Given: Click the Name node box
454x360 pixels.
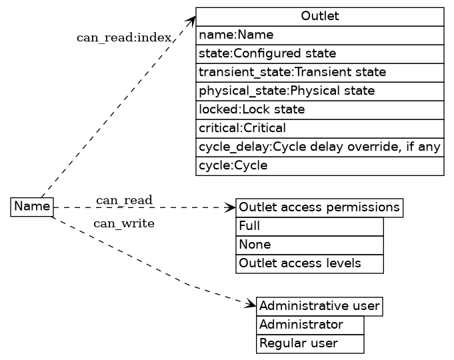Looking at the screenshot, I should coord(32,207).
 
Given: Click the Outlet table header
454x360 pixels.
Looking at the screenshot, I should coord(319,16).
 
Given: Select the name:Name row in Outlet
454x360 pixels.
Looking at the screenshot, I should coord(319,35).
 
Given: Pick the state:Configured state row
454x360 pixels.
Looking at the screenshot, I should coord(319,53).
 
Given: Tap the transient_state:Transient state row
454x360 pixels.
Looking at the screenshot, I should coord(319,72).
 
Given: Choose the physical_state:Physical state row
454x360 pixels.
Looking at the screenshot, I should coord(319,91).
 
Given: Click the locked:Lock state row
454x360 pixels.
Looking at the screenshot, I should coord(319,109).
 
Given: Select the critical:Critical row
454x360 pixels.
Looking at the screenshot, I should coord(319,128).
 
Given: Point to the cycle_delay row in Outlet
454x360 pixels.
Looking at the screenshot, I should coord(319,147).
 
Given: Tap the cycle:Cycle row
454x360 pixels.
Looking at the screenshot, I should coord(319,165).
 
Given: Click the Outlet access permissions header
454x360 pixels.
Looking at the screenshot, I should coord(319,207).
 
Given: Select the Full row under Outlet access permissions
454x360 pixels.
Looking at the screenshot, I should coord(309,226).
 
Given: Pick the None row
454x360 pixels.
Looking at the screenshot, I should coord(309,245).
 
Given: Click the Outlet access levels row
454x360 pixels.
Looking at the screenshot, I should coord(309,264).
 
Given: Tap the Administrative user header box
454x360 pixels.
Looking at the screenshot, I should coord(319,307).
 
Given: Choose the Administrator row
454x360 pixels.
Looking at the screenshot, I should coord(310,325).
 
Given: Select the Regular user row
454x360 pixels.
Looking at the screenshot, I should coord(310,344).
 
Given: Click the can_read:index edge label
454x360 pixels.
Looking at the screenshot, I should coord(125,37).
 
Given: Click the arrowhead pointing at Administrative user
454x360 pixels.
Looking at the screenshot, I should coord(252,305).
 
